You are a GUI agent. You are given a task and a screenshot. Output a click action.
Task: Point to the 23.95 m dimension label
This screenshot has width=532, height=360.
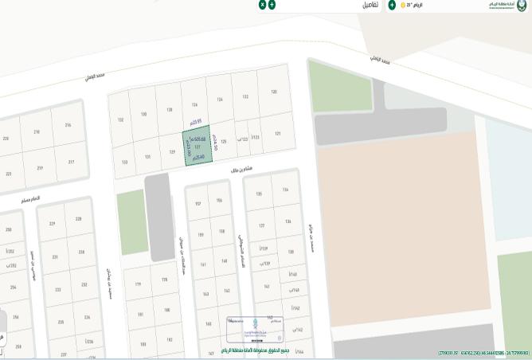196,122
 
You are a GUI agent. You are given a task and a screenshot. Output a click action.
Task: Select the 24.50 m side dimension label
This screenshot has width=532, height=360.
215,143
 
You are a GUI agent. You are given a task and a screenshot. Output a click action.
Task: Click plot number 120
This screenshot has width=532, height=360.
273,92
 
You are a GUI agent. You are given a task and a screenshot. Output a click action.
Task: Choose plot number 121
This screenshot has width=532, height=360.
277,134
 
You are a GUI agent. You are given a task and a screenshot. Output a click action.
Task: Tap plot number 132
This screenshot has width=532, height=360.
121,120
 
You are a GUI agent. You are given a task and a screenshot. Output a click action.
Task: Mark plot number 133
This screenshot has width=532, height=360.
124,162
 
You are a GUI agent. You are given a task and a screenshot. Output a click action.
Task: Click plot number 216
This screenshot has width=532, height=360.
68,125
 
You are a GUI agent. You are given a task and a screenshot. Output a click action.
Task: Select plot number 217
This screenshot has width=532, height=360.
71,162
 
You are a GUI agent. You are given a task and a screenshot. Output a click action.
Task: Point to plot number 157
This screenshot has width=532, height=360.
198,203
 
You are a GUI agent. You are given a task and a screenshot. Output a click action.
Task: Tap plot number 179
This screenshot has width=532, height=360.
138,284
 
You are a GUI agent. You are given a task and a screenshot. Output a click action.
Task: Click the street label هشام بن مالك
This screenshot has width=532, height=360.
241,170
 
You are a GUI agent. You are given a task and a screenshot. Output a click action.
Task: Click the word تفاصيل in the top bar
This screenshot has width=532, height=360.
370,5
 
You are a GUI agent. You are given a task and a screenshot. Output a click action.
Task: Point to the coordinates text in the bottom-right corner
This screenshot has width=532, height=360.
483,353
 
